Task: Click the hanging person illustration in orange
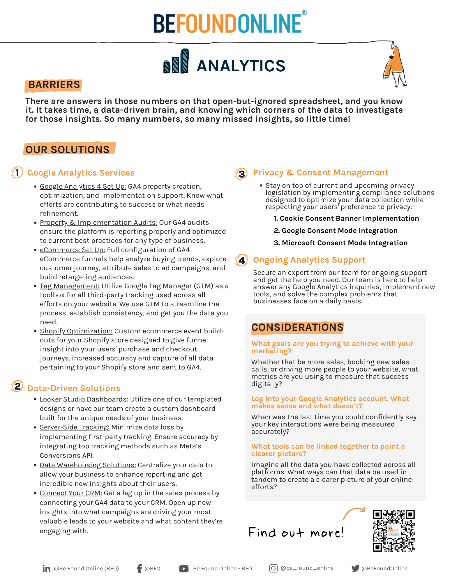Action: (x=395, y=64)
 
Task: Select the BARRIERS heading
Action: (x=54, y=85)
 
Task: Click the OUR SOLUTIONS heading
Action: (x=68, y=149)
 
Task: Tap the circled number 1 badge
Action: (x=17, y=172)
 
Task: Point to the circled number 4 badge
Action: (x=241, y=260)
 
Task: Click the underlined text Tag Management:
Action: (x=70, y=286)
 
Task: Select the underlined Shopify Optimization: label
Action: (x=76, y=331)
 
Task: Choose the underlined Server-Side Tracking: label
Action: (x=75, y=427)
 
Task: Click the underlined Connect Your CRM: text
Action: (x=71, y=493)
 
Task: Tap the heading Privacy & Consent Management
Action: (x=320, y=173)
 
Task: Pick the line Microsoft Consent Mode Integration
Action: (x=341, y=243)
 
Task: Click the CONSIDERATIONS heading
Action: (x=297, y=327)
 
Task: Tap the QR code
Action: (x=393, y=530)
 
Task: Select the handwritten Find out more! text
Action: (x=296, y=533)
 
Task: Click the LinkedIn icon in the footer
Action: (x=46, y=568)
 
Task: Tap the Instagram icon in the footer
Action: (x=273, y=568)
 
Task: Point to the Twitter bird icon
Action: (x=355, y=568)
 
